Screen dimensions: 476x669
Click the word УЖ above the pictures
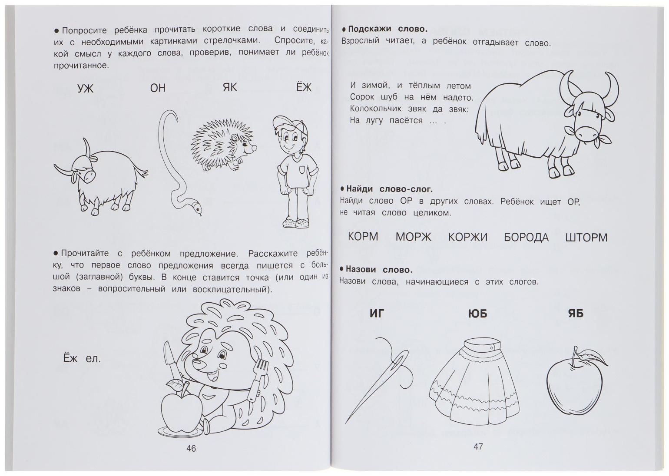tap(85, 89)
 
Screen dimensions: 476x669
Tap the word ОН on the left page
tap(158, 88)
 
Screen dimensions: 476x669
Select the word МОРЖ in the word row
tap(413, 237)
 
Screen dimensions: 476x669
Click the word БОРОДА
tap(526, 238)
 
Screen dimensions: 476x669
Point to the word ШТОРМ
tap(586, 238)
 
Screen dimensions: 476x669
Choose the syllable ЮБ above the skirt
tap(477, 314)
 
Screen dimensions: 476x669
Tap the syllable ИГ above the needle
tap(377, 313)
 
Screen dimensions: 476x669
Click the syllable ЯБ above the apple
tap(576, 313)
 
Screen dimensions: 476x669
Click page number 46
tap(191, 449)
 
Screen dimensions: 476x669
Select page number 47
tap(478, 446)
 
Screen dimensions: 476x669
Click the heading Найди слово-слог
tap(389, 189)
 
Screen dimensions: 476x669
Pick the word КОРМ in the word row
tap(363, 237)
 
